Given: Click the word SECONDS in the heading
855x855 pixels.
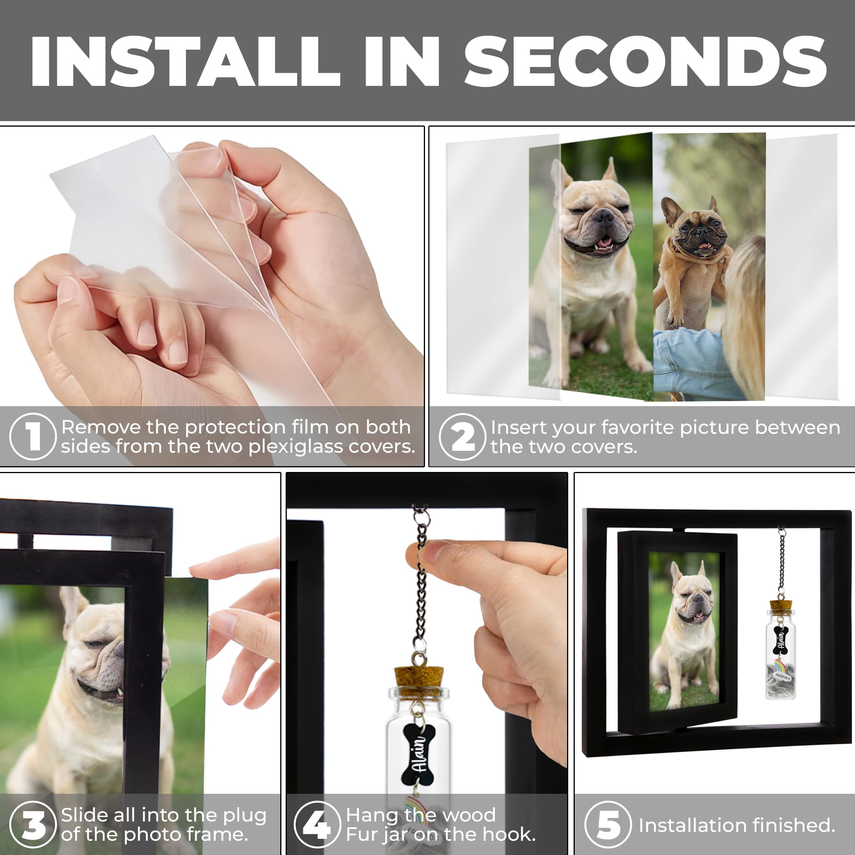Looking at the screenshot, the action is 645,62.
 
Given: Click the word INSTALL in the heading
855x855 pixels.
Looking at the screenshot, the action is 185,62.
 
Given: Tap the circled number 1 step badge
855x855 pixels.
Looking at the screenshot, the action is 33,436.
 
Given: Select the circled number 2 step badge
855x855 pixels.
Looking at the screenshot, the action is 462,437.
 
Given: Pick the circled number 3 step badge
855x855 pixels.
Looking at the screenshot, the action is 33,825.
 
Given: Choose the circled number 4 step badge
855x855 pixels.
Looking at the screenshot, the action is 317,825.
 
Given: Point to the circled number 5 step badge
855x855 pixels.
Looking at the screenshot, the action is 608,825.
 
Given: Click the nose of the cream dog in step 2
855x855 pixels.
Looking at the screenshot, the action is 603,216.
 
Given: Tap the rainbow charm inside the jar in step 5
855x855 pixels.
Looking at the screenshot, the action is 778,666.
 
